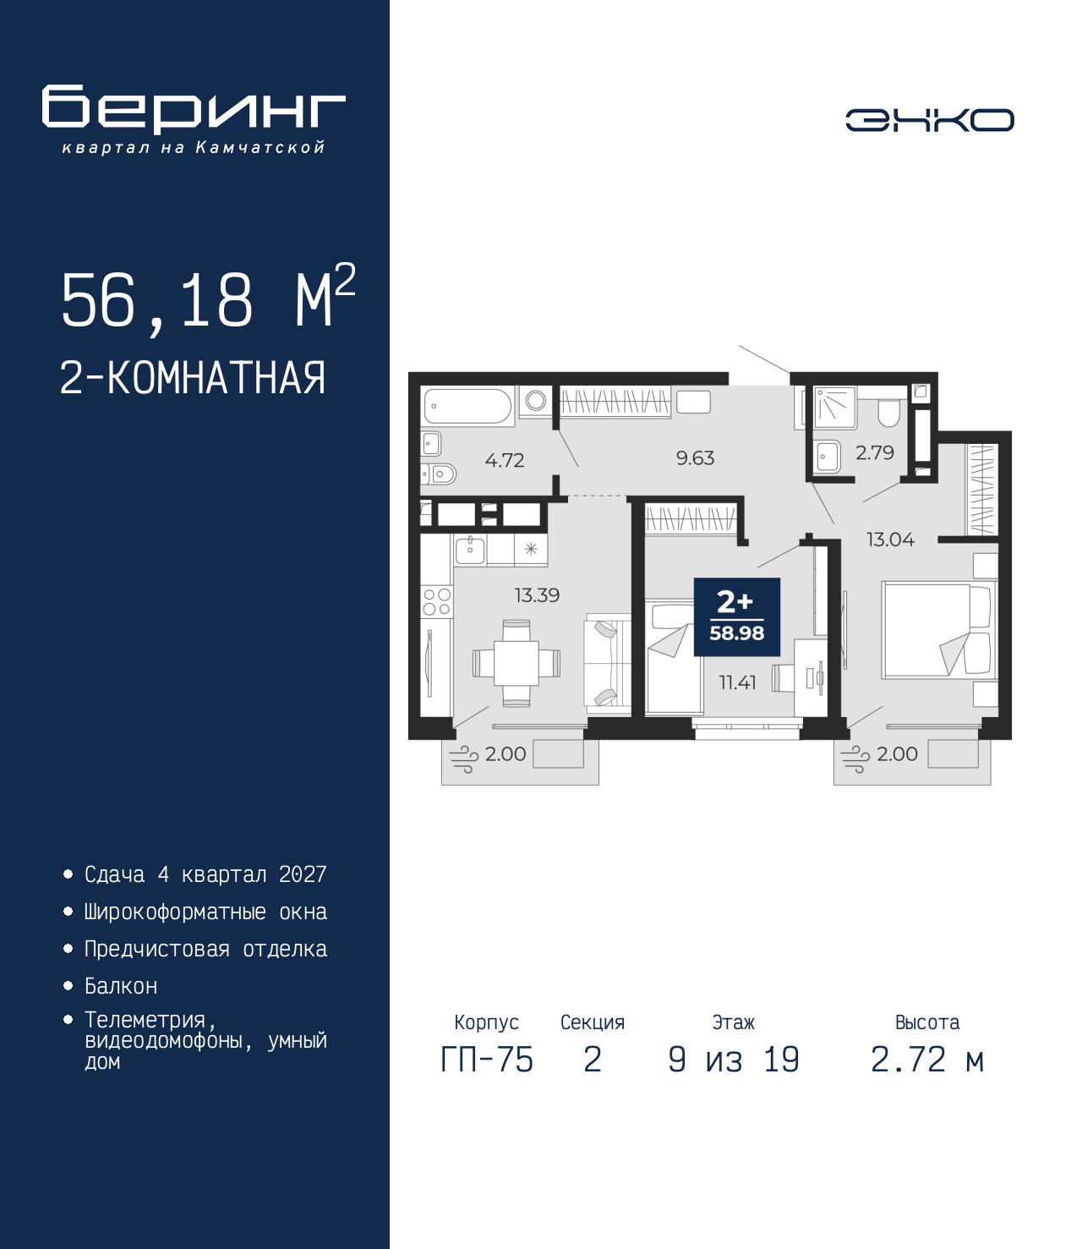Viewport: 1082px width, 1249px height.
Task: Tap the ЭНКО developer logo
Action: [x=929, y=119]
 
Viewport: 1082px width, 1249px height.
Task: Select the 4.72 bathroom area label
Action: [x=505, y=460]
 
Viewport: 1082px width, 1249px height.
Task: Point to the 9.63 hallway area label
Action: [x=695, y=458]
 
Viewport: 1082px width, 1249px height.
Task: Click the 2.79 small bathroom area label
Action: [x=874, y=452]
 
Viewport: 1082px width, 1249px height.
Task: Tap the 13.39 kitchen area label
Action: [x=537, y=595]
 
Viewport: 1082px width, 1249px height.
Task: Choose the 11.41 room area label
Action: [x=738, y=682]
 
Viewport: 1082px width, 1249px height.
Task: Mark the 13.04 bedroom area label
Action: [x=890, y=539]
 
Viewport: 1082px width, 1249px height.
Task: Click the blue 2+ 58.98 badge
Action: [x=737, y=617]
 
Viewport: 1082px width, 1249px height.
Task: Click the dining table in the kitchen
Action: [x=516, y=663]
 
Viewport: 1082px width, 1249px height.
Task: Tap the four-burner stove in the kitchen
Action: [x=437, y=601]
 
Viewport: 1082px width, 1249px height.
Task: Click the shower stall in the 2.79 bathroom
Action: [x=835, y=408]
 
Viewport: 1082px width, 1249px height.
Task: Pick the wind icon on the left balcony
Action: [x=463, y=759]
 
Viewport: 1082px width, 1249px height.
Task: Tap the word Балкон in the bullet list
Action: [x=121, y=985]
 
